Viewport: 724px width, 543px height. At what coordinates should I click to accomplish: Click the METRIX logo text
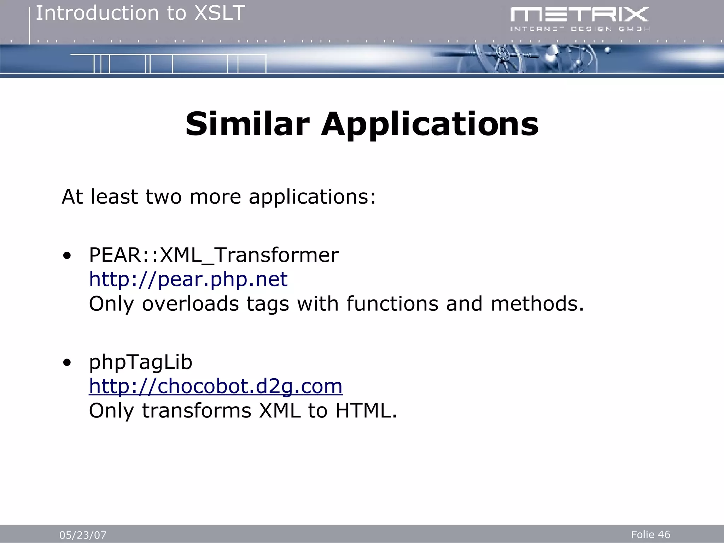pyautogui.click(x=579, y=15)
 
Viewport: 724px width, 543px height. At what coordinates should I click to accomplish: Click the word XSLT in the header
pyautogui.click(x=220, y=13)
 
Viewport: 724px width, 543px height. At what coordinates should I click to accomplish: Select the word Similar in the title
pyautogui.click(x=247, y=124)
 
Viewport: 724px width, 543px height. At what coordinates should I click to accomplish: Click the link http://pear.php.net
pyautogui.click(x=188, y=279)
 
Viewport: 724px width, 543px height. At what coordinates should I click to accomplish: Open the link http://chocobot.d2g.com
pyautogui.click(x=216, y=386)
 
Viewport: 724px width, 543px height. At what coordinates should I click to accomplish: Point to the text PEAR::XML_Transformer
pyautogui.click(x=214, y=255)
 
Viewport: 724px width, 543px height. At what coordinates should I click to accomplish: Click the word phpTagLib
pyautogui.click(x=140, y=362)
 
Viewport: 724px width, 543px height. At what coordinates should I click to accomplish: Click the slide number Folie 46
pyautogui.click(x=650, y=535)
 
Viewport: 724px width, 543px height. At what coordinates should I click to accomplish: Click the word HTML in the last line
pyautogui.click(x=366, y=411)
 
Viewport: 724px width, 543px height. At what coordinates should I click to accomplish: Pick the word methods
pyautogui.click(x=537, y=304)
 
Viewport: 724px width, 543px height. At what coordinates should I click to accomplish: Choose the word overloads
pyautogui.click(x=191, y=304)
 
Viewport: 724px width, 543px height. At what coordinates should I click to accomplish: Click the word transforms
pyautogui.click(x=197, y=411)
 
